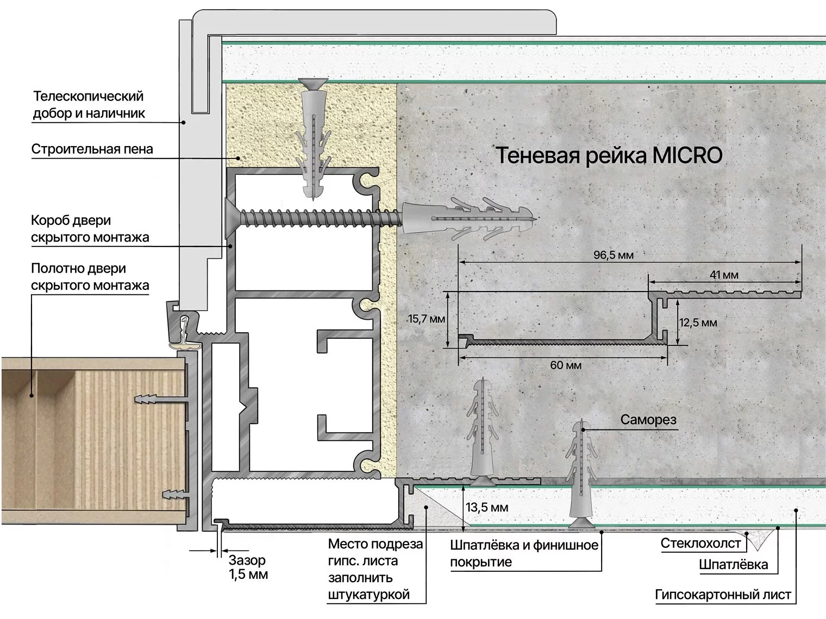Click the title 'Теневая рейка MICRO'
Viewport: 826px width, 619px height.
(x=609, y=156)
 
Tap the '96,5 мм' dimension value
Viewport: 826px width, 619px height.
(x=613, y=255)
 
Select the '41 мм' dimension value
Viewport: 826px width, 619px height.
(x=724, y=275)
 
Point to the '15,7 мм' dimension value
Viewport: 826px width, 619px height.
(x=427, y=319)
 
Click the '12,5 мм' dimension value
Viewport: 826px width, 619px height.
(x=698, y=323)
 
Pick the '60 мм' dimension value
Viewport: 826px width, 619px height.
(x=565, y=365)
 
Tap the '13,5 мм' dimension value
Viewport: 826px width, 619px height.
(x=487, y=508)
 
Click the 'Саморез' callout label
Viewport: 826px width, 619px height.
(x=648, y=420)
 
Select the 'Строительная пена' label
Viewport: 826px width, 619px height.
(x=92, y=149)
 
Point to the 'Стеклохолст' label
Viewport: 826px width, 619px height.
(x=700, y=543)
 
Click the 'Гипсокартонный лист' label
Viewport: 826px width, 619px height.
(x=723, y=595)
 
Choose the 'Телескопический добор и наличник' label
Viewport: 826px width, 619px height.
(x=89, y=105)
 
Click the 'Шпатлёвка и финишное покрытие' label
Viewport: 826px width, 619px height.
(x=524, y=553)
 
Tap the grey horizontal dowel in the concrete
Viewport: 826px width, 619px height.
(x=467, y=219)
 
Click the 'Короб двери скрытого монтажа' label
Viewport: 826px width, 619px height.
(x=90, y=229)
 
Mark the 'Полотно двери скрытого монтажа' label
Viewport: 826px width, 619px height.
(x=90, y=276)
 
